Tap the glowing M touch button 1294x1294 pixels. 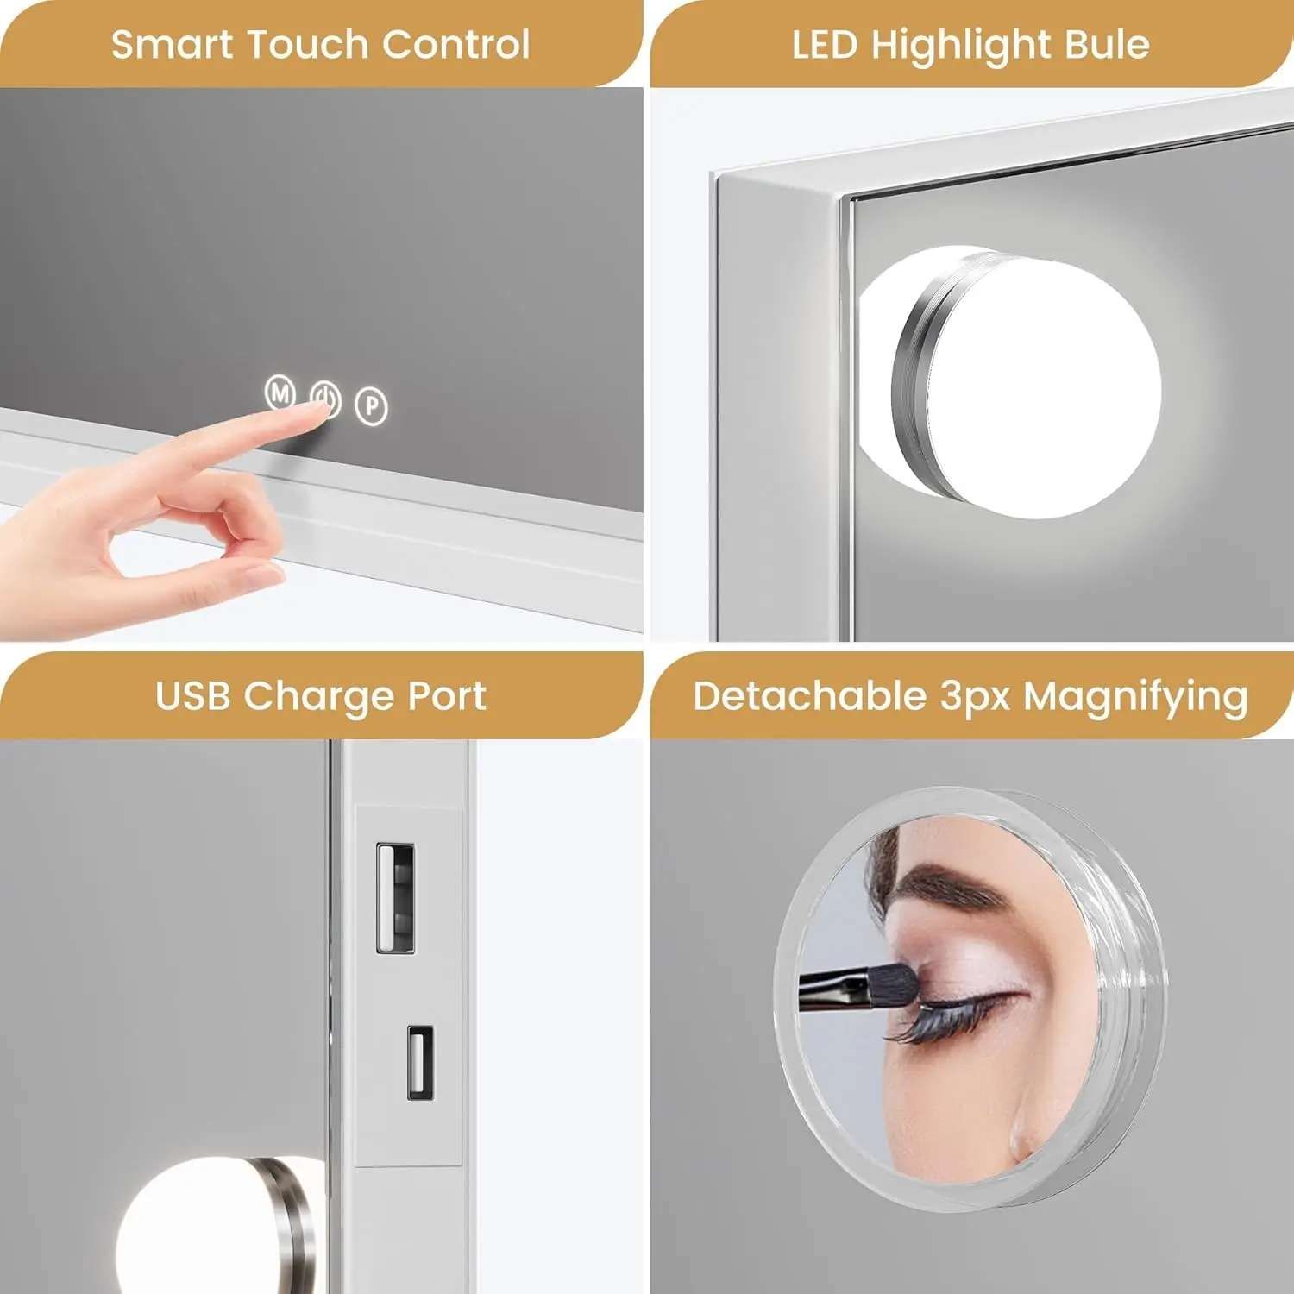click(280, 393)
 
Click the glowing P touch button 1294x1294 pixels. click(372, 405)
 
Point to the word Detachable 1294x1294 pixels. click(809, 696)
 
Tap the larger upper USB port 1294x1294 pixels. click(395, 898)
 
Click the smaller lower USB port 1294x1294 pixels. click(420, 1062)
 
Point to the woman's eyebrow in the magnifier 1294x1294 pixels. click(949, 889)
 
